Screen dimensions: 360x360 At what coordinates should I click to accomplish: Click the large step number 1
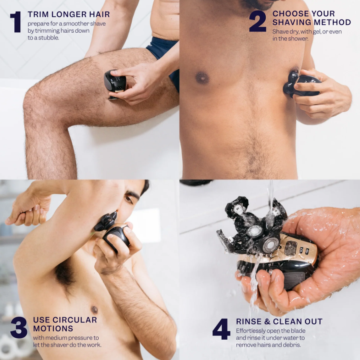click(x=16, y=22)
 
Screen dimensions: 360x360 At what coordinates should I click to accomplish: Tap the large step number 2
click(x=258, y=21)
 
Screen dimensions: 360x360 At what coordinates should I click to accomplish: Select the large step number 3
click(x=19, y=328)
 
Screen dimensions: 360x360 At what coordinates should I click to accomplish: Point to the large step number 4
click(x=221, y=329)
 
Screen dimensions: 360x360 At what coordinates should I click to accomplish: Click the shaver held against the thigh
click(x=115, y=84)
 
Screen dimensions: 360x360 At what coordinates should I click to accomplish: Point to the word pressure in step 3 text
click(x=80, y=338)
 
